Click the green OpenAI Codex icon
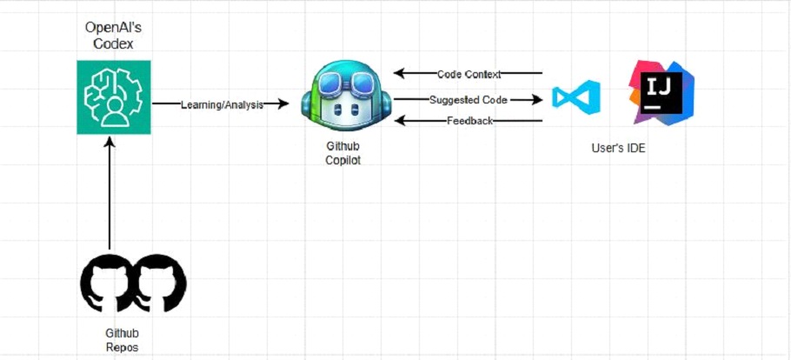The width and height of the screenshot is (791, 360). pyautogui.click(x=114, y=97)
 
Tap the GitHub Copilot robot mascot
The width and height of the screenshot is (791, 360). pyautogui.click(x=346, y=97)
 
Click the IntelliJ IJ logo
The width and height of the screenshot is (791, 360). pyautogui.click(x=661, y=93)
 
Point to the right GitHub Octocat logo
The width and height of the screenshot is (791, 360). pyautogui.click(x=160, y=280)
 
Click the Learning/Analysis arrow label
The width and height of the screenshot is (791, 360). pyautogui.click(x=222, y=104)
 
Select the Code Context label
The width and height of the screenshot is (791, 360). pyautogui.click(x=469, y=74)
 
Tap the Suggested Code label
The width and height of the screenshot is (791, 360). pyautogui.click(x=469, y=100)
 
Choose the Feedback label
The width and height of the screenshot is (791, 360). pyautogui.click(x=469, y=121)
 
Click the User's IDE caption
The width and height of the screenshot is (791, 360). pyautogui.click(x=618, y=149)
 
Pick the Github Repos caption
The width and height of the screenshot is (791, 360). pyautogui.click(x=122, y=340)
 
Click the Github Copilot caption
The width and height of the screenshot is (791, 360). pyautogui.click(x=343, y=154)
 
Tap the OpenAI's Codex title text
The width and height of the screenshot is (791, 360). pyautogui.click(x=114, y=36)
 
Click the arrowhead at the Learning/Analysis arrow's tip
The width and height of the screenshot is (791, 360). pyautogui.click(x=283, y=103)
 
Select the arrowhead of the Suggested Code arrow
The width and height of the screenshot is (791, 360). pyautogui.click(x=536, y=100)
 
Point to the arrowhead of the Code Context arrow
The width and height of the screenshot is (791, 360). pyautogui.click(x=400, y=73)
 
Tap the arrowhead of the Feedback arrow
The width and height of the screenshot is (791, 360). pyautogui.click(x=400, y=121)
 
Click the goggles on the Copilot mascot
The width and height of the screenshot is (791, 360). pyautogui.click(x=347, y=81)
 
